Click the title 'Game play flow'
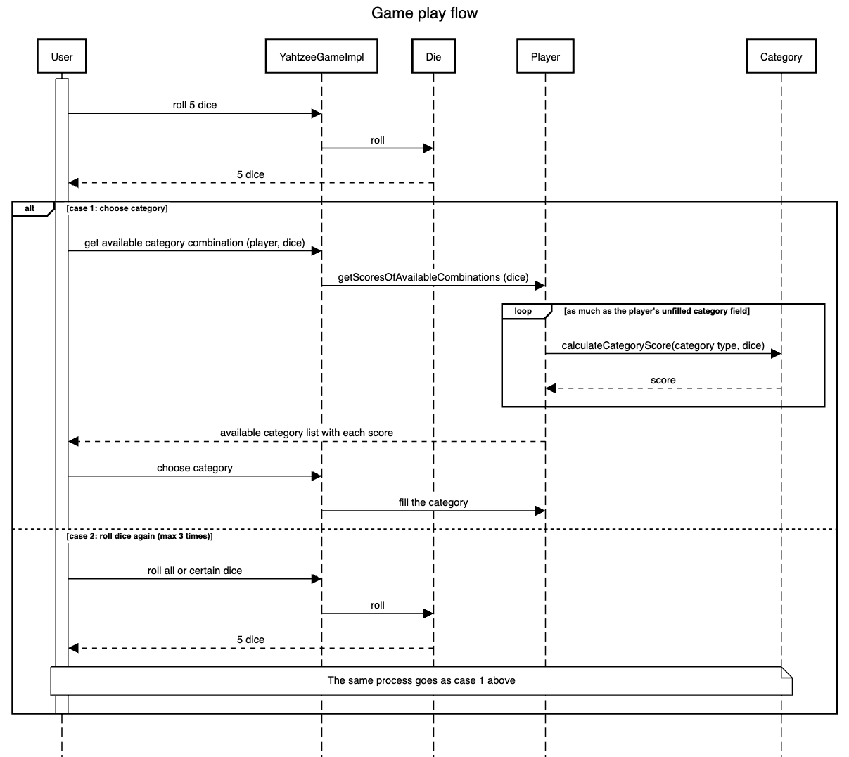[424, 13]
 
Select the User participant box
[62, 57]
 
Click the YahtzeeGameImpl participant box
[321, 57]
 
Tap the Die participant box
[433, 57]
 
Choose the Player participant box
[545, 57]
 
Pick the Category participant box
[781, 57]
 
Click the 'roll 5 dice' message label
[195, 105]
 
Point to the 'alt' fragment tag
[30, 209]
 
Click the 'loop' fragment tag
[523, 311]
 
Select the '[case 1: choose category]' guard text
[117, 209]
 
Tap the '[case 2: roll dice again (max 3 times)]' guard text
[139, 536]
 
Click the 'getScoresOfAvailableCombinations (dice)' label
[433, 277]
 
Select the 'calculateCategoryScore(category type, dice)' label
[663, 345]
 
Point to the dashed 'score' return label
[663, 380]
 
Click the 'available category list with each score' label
[307, 433]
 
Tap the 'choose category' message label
[195, 468]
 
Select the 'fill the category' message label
[433, 502]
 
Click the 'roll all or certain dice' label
[195, 571]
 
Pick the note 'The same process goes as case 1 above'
[421, 680]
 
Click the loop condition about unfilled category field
[657, 311]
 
